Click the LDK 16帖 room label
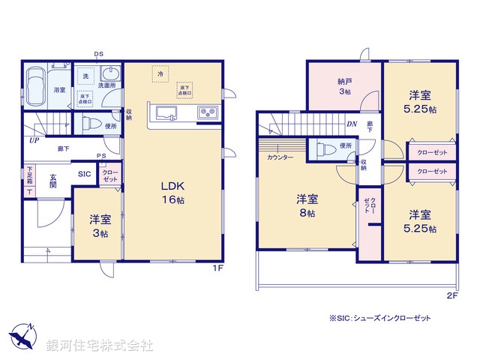pos(172,193)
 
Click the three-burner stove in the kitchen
pos(207,114)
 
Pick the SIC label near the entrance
pos(85,174)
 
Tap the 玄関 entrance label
pos(53,180)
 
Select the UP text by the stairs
pos(34,140)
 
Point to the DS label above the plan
pos(99,54)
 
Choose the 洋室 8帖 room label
pos(306,206)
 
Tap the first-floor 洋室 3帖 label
pos(100,226)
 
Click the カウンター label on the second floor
pos(279,158)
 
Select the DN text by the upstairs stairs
pos(351,124)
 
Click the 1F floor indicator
pos(215,267)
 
